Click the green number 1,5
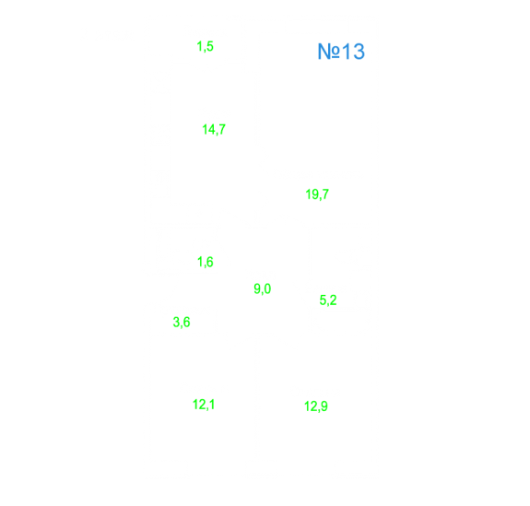point(206,46)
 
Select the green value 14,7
point(214,129)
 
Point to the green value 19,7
point(317,194)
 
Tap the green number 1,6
point(206,262)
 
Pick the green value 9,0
point(263,289)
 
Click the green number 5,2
point(328,300)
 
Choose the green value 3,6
point(182,322)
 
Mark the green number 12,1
point(204,405)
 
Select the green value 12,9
point(316,406)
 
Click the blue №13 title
point(341,52)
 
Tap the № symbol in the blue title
point(329,52)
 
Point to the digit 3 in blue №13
point(359,52)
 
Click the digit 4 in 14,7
point(210,129)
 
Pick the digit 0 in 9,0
point(267,288)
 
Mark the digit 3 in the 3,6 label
point(176,322)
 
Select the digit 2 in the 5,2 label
point(333,300)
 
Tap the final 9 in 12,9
point(324,406)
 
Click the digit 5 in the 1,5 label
point(209,46)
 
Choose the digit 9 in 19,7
point(313,194)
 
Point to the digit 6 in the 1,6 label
point(209,262)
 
